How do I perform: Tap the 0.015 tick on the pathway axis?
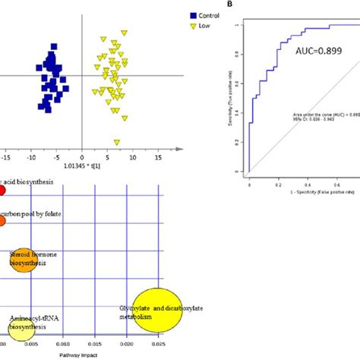[x=97, y=344]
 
